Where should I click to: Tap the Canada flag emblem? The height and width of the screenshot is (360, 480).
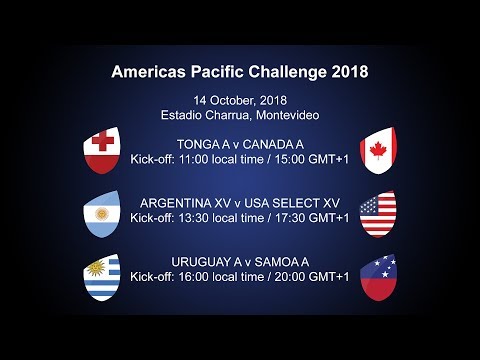click(377, 150)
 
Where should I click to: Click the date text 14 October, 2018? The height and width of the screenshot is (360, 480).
click(239, 99)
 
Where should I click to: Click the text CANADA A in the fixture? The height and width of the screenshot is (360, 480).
click(273, 144)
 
